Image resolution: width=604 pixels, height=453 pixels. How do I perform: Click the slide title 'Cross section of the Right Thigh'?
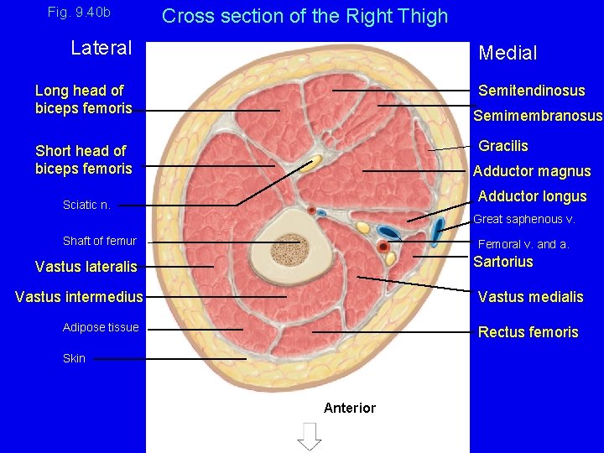pos(305,16)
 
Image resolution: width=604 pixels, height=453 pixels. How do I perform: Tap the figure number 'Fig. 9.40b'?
pos(79,13)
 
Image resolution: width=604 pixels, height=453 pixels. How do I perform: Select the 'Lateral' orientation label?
pos(102,48)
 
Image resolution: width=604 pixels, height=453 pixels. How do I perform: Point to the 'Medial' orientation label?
pos(508,53)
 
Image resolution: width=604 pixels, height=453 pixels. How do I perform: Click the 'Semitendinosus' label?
pos(532,91)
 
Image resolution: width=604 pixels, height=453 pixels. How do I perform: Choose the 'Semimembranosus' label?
pos(538,116)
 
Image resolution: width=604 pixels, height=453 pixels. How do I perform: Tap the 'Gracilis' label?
pos(503,146)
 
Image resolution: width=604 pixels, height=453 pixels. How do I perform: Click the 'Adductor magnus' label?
pos(532,171)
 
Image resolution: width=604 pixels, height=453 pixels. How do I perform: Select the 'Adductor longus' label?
pos(532,196)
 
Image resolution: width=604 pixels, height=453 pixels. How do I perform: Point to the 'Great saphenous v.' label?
pos(524,219)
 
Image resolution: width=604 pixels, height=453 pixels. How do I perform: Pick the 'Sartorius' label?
pos(503,261)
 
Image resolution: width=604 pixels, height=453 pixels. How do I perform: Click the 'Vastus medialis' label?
pos(530,297)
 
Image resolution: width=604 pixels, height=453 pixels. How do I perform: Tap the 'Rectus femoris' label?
pos(528,332)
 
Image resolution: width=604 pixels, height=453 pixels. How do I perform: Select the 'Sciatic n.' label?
pos(86,205)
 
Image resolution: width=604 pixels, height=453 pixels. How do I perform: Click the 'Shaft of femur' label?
pos(99,241)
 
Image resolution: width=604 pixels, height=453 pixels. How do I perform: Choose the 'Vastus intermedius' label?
pos(79,297)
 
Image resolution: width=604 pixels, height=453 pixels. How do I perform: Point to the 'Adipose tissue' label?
pos(101,327)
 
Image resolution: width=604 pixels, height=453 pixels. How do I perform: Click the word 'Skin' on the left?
pos(74,358)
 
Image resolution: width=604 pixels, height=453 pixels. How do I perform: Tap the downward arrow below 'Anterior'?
pos(310,435)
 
